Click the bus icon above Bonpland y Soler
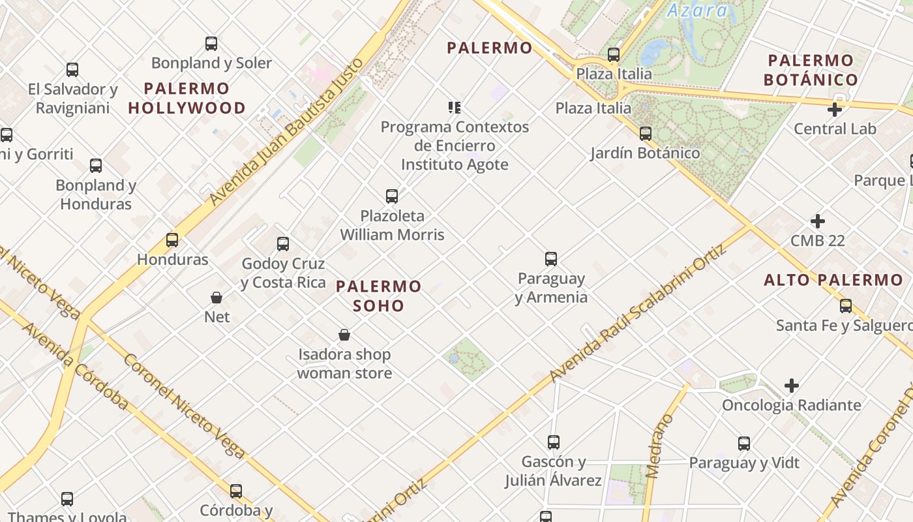tap(211, 44)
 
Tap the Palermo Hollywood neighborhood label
tap(187, 98)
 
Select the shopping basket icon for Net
tap(217, 298)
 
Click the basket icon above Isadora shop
tap(344, 335)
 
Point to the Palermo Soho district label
tap(379, 296)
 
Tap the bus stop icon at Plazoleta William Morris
tap(392, 196)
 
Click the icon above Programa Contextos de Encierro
tap(455, 107)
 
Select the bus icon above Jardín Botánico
tap(645, 134)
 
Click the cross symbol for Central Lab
tap(834, 110)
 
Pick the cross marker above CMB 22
tap(817, 221)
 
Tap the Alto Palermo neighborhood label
tap(833, 281)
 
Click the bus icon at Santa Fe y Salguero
tap(846, 305)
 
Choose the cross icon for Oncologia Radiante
tap(792, 386)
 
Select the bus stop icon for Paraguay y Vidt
tap(744, 444)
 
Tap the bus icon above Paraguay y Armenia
tap(551, 259)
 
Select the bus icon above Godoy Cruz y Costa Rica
tap(283, 244)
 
